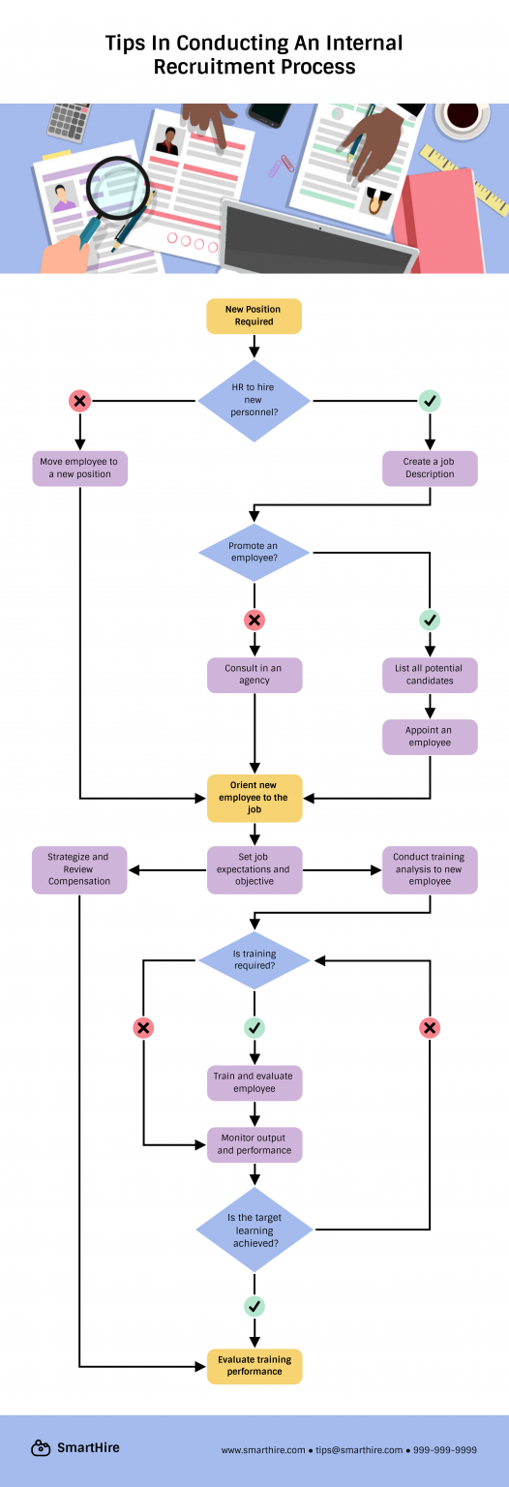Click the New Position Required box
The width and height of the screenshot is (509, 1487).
[x=254, y=316]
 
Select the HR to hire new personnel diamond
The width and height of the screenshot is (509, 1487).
[x=254, y=399]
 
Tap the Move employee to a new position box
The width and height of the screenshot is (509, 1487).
[x=79, y=469]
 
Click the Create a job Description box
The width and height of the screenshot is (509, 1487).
[x=430, y=469]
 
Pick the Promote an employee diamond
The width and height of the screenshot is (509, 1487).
[x=254, y=553]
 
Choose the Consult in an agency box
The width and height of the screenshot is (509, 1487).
[x=254, y=675]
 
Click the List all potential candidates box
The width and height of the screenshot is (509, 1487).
[x=430, y=675]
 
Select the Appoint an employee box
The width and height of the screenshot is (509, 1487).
[x=430, y=737]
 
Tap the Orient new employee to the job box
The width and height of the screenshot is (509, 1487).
[x=254, y=798]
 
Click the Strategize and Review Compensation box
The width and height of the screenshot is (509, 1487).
[x=79, y=869]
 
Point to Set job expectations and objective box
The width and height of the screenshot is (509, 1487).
[x=254, y=869]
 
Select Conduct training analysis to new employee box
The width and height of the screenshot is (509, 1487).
[x=430, y=869]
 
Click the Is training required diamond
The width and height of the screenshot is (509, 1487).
[x=254, y=960]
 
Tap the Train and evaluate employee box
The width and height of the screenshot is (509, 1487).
[x=254, y=1083]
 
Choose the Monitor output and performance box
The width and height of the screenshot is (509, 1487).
[x=254, y=1144]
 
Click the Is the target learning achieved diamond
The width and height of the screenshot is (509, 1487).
[x=254, y=1230]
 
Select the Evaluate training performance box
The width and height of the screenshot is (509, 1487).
[x=254, y=1366]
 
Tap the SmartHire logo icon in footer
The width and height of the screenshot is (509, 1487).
[x=41, y=1448]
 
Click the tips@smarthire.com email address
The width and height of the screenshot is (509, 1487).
[x=358, y=1450]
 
